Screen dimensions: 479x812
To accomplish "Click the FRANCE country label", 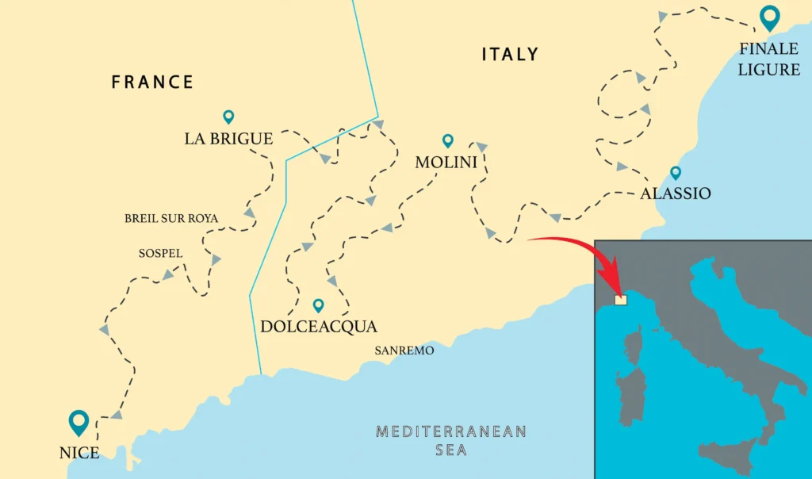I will [x=152, y=82].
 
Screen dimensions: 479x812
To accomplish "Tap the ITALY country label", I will [x=510, y=55].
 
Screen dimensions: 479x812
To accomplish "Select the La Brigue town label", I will [x=228, y=139].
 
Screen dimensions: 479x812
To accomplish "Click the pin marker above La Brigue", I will [x=228, y=117].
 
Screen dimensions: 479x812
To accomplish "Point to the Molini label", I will [x=446, y=163].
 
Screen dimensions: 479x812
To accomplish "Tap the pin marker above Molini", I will [x=447, y=140].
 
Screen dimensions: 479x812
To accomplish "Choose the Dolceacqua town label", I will [x=318, y=327].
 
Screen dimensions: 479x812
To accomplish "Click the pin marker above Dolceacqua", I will [x=318, y=305].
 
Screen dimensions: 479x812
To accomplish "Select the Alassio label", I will [x=676, y=194].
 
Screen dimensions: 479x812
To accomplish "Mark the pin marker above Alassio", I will [x=676, y=172].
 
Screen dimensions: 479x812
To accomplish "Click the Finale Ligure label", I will [x=768, y=59].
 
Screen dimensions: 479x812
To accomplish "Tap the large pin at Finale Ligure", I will [x=768, y=17].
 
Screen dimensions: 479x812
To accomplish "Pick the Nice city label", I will [x=79, y=454].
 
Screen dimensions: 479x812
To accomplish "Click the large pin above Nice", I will [x=79, y=422].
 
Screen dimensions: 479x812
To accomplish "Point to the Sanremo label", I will [x=404, y=350].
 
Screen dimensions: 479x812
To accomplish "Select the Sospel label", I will [x=160, y=254].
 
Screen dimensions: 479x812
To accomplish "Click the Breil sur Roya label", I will [x=171, y=219].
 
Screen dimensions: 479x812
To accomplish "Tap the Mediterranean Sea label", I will [x=451, y=441].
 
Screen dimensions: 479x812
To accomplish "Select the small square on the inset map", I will [x=621, y=300].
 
